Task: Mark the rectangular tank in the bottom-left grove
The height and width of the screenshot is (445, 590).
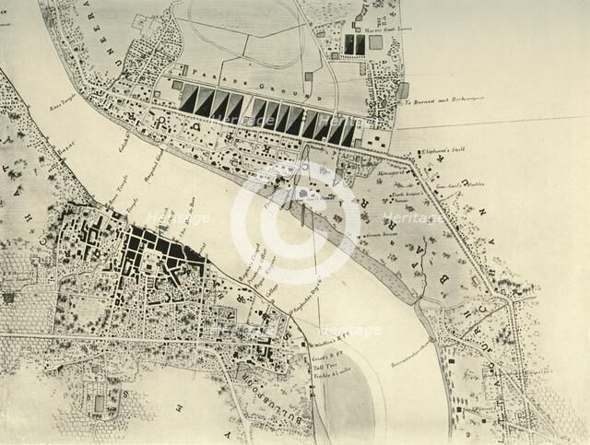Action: pyautogui.click(x=99, y=404)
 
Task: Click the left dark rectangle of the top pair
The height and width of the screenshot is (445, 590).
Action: pyautogui.click(x=348, y=44)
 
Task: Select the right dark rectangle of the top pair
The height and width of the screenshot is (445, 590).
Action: pyautogui.click(x=360, y=44)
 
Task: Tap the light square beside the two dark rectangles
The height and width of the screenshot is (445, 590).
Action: pyautogui.click(x=376, y=42)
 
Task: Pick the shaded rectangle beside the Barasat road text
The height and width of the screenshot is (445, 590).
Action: pyautogui.click(x=403, y=90)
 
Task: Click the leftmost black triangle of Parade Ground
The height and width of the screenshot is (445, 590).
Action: pyautogui.click(x=188, y=99)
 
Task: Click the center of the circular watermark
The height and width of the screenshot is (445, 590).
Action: pyautogui.click(x=295, y=222)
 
